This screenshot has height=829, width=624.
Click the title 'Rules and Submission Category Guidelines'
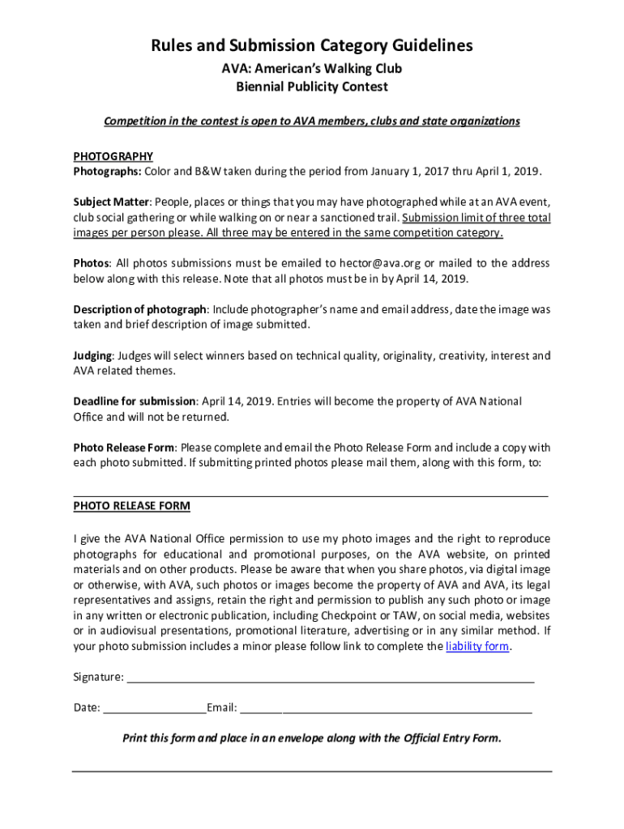pyautogui.click(x=312, y=45)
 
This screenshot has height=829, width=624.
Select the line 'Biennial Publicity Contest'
pyautogui.click(x=312, y=87)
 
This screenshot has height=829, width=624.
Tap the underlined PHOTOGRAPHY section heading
pyautogui.click(x=113, y=156)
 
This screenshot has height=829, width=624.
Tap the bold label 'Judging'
pyautogui.click(x=94, y=355)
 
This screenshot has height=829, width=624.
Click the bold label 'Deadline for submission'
pyautogui.click(x=135, y=402)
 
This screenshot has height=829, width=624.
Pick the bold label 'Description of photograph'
pyautogui.click(x=140, y=309)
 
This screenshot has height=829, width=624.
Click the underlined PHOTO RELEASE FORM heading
pyautogui.click(x=131, y=506)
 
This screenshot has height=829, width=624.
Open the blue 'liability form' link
pyautogui.click(x=478, y=647)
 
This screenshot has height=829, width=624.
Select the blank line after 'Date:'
pyautogui.click(x=154, y=708)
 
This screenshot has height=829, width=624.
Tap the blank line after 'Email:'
pyautogui.click(x=386, y=708)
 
